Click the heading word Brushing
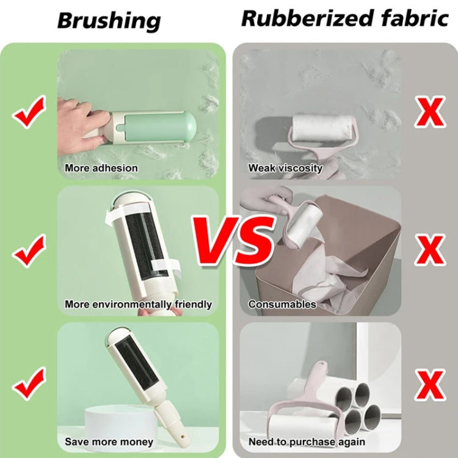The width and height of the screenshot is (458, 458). (x=109, y=20)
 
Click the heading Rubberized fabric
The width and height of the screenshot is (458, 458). (x=345, y=18)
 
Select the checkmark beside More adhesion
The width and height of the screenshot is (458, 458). (x=30, y=114)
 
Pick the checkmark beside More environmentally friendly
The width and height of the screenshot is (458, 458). (x=29, y=250)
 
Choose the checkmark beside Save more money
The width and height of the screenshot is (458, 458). (x=29, y=382)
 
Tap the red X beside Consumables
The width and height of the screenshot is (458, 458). (x=431, y=249)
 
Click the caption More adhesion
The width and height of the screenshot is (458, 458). (x=101, y=168)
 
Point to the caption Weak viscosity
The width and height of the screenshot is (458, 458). (x=285, y=168)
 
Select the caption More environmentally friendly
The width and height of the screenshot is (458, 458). (x=139, y=304)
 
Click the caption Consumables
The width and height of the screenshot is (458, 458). (x=282, y=304)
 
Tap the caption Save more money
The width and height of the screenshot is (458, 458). (x=109, y=442)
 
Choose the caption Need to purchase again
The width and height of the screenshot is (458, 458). (x=307, y=442)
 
